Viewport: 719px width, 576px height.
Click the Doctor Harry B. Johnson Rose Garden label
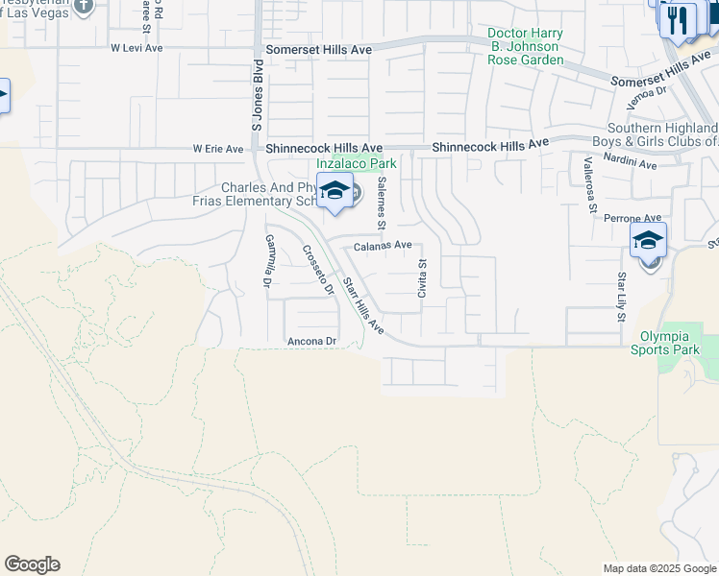pyautogui.click(x=525, y=46)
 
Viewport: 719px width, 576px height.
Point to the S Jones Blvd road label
pyautogui.click(x=257, y=96)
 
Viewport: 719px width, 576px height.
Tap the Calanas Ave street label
pyautogui.click(x=383, y=246)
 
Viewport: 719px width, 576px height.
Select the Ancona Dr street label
pyautogui.click(x=311, y=341)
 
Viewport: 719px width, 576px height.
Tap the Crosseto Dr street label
pyautogui.click(x=318, y=270)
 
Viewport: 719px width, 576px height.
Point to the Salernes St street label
pyautogui.click(x=382, y=204)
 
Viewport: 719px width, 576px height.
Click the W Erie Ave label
pyautogui.click(x=218, y=149)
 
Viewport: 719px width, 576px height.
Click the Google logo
pyautogui.click(x=32, y=564)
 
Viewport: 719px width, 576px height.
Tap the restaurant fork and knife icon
pyautogui.click(x=679, y=19)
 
